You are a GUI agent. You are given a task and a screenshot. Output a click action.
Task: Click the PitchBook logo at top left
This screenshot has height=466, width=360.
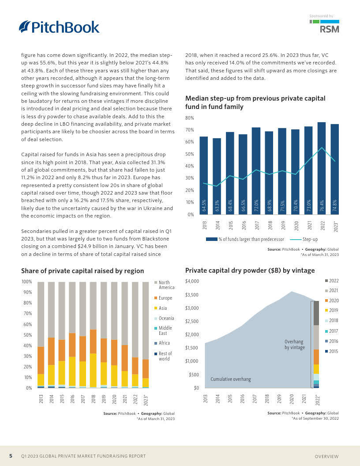pos(59,27)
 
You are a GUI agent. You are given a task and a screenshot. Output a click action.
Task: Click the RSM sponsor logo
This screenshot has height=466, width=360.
pos(329,30)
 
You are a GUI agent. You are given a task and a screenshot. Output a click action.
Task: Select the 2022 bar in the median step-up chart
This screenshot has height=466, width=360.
pos(322,168)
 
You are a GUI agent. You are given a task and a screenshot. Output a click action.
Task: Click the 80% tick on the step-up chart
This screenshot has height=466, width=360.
pos(190,118)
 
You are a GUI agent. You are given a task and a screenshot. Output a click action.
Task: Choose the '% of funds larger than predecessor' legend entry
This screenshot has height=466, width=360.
pos(245,239)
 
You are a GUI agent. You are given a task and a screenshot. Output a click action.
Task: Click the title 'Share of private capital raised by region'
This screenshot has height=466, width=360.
pos(82,271)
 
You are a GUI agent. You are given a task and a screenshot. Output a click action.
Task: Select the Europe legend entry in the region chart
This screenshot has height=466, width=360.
pos(165,298)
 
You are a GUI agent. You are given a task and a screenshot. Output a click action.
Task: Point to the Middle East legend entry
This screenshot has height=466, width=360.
pos(165,331)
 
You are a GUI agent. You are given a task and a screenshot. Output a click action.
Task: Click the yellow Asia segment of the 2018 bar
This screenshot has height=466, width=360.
pos(93,370)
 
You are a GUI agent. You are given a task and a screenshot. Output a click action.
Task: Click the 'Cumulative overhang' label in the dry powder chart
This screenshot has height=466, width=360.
pos(230,379)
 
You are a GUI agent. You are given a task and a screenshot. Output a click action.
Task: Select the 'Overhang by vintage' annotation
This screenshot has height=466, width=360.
pos(294,344)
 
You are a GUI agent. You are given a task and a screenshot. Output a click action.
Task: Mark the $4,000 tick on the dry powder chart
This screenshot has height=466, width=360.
pos(192,281)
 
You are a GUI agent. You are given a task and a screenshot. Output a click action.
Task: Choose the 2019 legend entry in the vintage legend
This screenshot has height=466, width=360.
pos(334,311)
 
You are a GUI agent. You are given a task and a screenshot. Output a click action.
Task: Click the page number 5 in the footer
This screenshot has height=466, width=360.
pos(11,456)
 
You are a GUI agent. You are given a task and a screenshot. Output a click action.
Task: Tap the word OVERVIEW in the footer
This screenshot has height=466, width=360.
pos(326,456)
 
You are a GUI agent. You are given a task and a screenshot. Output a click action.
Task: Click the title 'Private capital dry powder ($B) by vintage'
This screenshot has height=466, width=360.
pos(250,271)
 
